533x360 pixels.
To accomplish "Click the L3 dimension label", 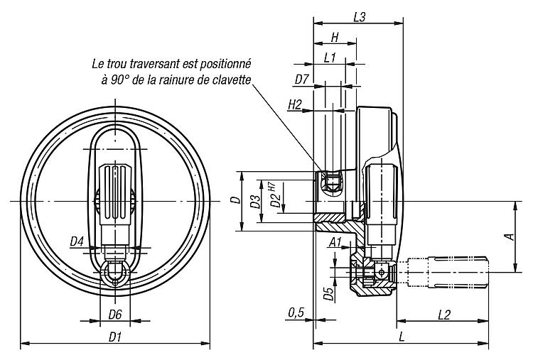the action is click(359, 17).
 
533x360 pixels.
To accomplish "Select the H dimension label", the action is click(335, 37).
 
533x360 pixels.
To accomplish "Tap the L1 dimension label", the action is click(330, 58).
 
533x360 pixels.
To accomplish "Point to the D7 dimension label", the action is click(301, 80).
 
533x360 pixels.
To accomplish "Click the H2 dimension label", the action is click(295, 105).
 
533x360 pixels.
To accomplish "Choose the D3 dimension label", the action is click(255, 201).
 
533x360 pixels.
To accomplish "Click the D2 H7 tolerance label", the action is click(275, 195).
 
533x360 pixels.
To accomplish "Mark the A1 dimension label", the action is click(335, 242).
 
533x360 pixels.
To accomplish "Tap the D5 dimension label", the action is click(328, 294).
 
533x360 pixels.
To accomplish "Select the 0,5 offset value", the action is click(296, 313).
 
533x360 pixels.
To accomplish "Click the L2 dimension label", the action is click(444, 315).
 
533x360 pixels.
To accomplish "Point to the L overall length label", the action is click(402, 337).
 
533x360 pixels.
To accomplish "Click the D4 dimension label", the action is click(77, 242).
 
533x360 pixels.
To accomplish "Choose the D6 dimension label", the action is click(115, 315).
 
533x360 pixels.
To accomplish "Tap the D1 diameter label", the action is click(115, 337).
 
